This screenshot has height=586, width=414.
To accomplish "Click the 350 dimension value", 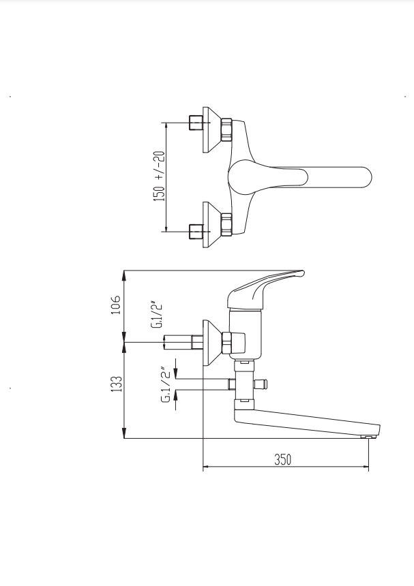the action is click(x=283, y=459).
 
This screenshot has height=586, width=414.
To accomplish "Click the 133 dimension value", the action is click(x=117, y=384).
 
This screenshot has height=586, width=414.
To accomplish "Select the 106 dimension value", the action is click(x=117, y=305).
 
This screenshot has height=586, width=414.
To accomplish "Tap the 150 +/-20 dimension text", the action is click(x=159, y=176).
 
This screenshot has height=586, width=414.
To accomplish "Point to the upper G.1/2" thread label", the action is click(x=158, y=314).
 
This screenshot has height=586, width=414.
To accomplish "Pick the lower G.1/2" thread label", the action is click(x=168, y=386).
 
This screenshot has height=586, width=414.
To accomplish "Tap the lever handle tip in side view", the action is click(x=304, y=273).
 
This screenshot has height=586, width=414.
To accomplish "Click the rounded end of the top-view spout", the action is click(x=367, y=177).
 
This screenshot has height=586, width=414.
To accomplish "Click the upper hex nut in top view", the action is click(x=226, y=129).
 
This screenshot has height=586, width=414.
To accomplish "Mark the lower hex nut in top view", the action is click(x=226, y=225).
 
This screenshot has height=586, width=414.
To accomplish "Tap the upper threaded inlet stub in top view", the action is click(x=196, y=123).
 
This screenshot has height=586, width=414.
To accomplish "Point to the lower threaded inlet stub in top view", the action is click(x=196, y=232).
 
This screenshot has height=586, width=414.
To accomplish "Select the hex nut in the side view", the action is click(x=226, y=343).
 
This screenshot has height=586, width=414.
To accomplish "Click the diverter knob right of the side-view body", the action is click(x=261, y=384).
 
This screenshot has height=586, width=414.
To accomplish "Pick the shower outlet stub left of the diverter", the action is click(x=231, y=384).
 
